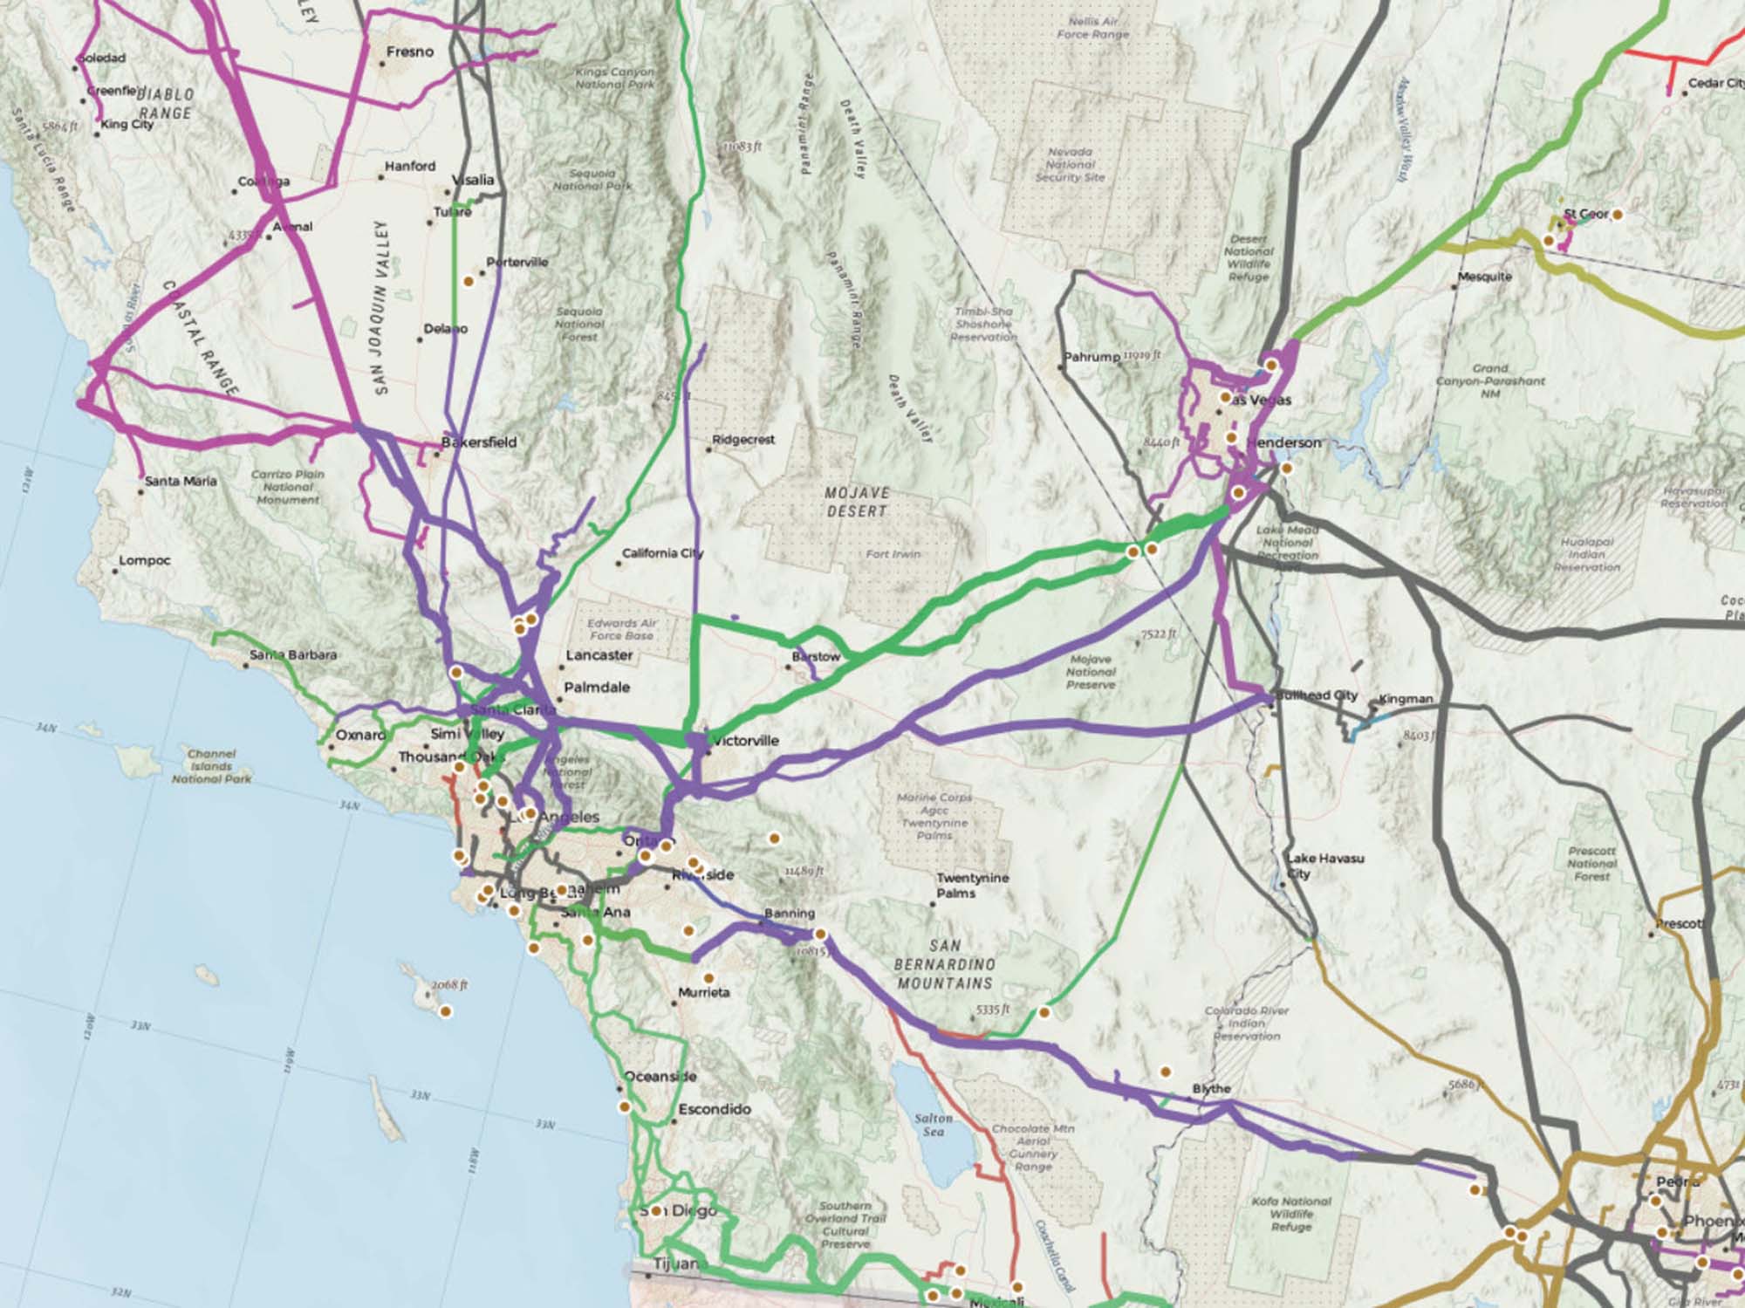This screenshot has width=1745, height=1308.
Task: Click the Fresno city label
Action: pyautogui.click(x=409, y=52)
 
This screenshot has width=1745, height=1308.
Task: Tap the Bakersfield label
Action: pyautogui.click(x=479, y=442)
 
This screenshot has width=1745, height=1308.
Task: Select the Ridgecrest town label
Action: pyautogui.click(x=742, y=440)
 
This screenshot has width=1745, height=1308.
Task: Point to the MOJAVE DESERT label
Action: pyautogui.click(x=856, y=502)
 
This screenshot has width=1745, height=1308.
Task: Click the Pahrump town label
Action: pyautogui.click(x=1091, y=357)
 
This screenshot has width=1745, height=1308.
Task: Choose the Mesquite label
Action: pyautogui.click(x=1484, y=277)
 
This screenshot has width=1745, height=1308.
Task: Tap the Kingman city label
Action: pyautogui.click(x=1406, y=699)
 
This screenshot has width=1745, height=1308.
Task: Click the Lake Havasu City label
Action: pyautogui.click(x=1324, y=866)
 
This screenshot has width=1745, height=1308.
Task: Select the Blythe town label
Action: pyautogui.click(x=1211, y=1089)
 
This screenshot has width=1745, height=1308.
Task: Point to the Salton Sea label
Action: pyautogui.click(x=933, y=1125)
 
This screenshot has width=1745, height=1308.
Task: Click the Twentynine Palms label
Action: pyautogui.click(x=972, y=885)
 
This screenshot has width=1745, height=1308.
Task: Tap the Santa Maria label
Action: pyautogui.click(x=181, y=481)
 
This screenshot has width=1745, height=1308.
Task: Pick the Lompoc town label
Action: pyautogui.click(x=144, y=560)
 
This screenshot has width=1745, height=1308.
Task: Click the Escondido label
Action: pyautogui.click(x=715, y=1109)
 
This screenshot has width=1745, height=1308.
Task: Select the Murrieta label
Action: pyautogui.click(x=703, y=993)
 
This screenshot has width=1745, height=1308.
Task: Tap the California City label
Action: pyautogui.click(x=662, y=553)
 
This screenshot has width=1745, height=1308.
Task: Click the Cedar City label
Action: pyautogui.click(x=1714, y=84)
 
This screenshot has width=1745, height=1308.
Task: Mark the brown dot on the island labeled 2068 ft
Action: pyautogui.click(x=446, y=1012)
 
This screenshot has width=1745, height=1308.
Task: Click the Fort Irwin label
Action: pyautogui.click(x=893, y=554)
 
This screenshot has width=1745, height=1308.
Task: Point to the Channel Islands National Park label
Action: pyautogui.click(x=211, y=766)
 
